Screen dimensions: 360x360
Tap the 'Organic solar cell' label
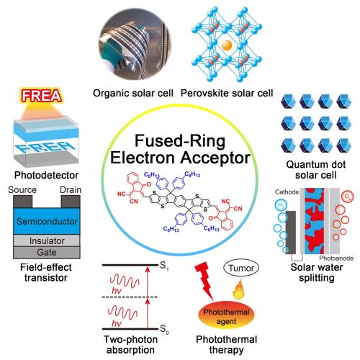pyautogui.click(x=125, y=92)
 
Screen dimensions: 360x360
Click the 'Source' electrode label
pyautogui.click(x=21, y=190)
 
